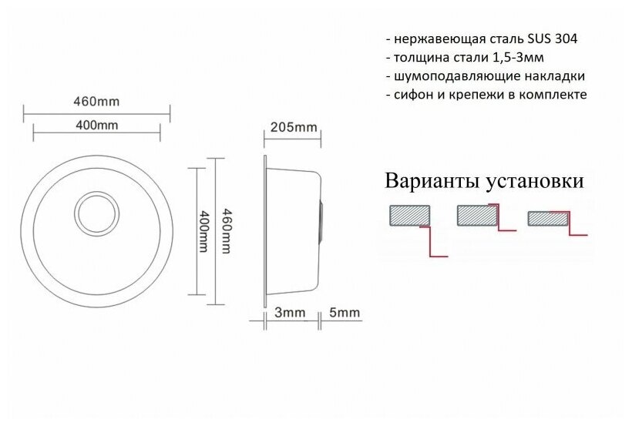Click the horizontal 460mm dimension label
97,102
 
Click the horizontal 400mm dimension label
97,126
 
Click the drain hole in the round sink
96,210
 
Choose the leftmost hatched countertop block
409,215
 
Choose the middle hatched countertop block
478,215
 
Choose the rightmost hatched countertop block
547,219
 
